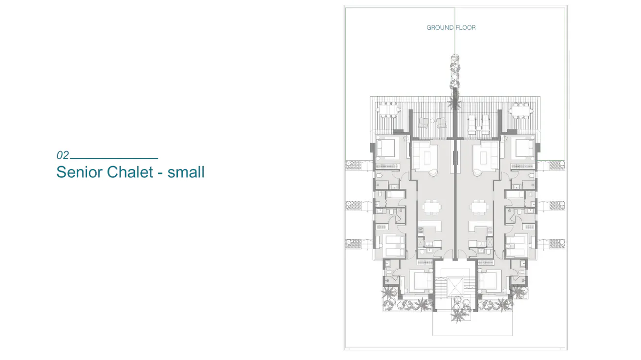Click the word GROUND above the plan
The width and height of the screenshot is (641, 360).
pos(440,28)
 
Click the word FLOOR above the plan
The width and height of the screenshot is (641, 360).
pos(466,28)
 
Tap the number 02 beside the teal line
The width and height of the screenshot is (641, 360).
pos(63,156)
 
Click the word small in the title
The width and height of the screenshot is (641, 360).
pos(186,172)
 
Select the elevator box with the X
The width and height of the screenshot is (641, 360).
pos(455,285)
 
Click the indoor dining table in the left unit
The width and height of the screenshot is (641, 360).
pos(431,208)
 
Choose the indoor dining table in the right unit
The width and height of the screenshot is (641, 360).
pos(478,208)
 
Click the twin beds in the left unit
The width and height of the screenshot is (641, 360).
pos(394,246)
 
